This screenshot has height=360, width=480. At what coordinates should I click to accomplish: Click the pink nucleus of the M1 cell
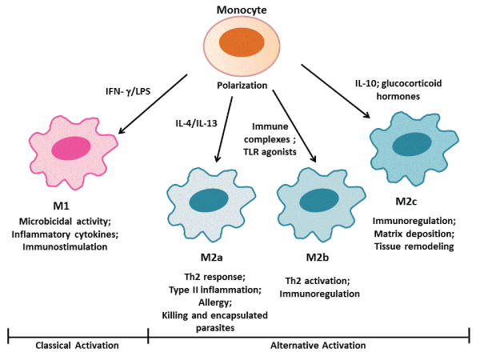(72, 147)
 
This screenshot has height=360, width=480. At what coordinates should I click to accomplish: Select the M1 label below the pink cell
(72, 197)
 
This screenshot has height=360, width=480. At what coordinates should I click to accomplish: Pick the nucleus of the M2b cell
(319, 200)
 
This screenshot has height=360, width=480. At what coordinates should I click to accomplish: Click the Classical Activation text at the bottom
(78, 346)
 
